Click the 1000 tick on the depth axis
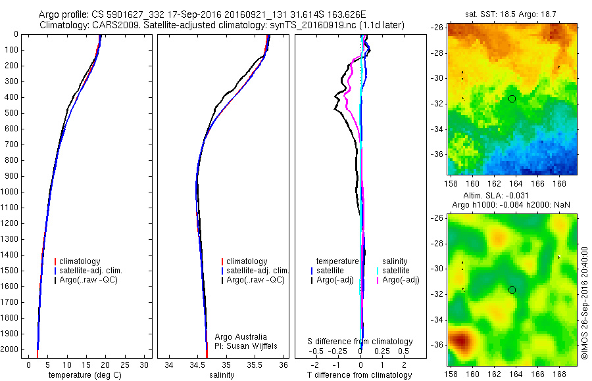(x=12, y=192)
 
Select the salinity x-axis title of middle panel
(x=222, y=375)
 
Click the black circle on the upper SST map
(x=512, y=99)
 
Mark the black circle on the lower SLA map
(x=512, y=290)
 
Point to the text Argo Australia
(x=239, y=336)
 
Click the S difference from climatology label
(x=360, y=342)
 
